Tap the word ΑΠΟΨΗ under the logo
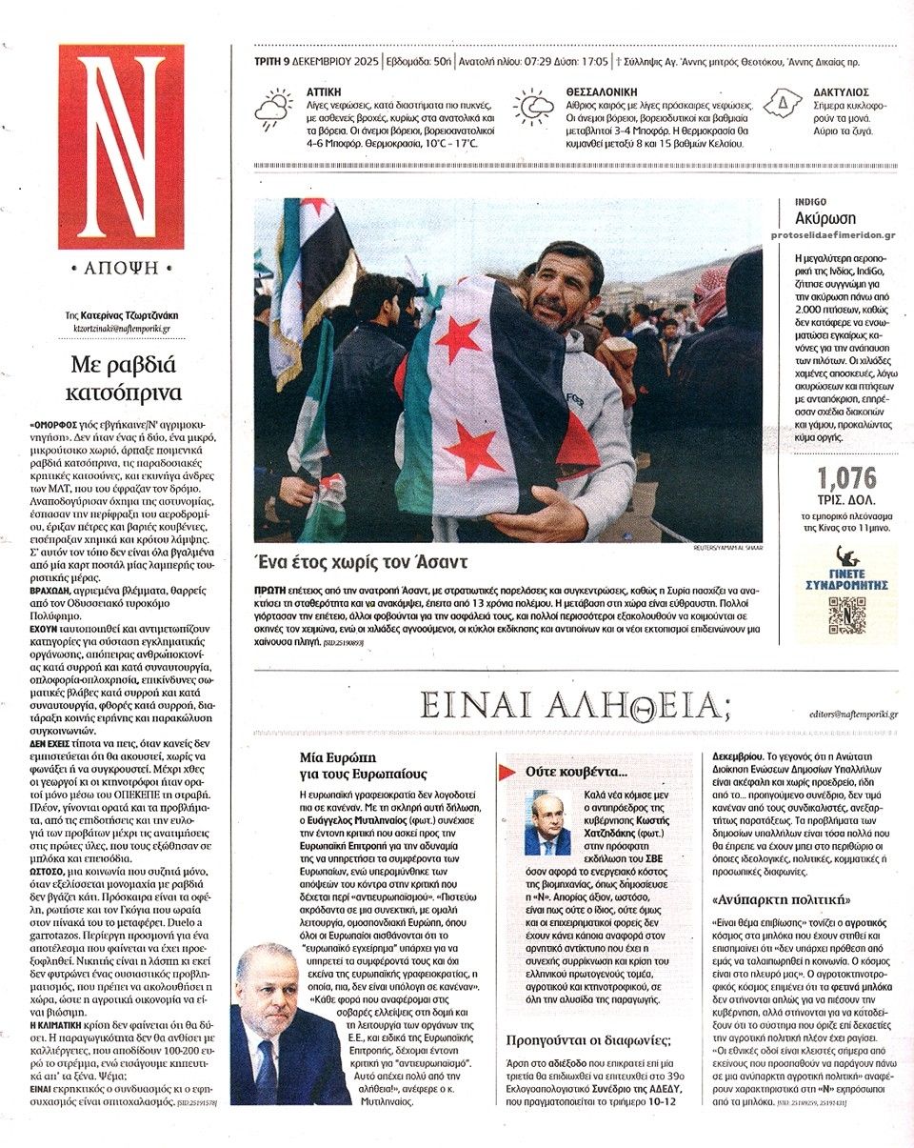(x=121, y=268)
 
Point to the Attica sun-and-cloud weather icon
(x=274, y=111)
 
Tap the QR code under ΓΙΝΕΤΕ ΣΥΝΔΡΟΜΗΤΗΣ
(x=846, y=614)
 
